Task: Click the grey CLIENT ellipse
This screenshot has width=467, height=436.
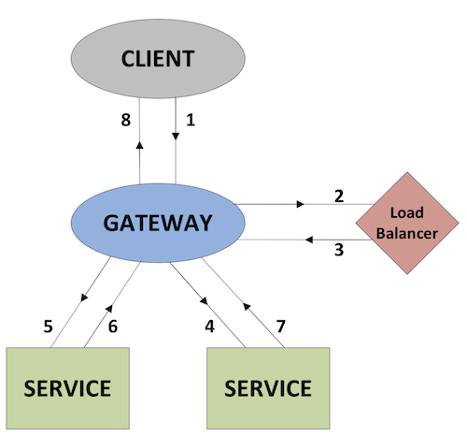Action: tap(158, 60)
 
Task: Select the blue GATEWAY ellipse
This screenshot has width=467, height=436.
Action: tap(158, 223)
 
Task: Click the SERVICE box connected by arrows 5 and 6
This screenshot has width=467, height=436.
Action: tap(66, 386)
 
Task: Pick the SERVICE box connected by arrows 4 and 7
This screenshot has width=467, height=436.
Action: tap(267, 386)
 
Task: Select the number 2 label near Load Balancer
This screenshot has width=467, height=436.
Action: tap(339, 196)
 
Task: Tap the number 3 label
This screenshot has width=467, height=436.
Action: tap(339, 250)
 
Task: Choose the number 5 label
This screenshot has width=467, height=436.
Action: tap(48, 327)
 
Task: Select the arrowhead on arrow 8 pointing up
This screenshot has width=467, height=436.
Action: tap(139, 145)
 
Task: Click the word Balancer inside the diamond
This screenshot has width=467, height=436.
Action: tap(407, 233)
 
